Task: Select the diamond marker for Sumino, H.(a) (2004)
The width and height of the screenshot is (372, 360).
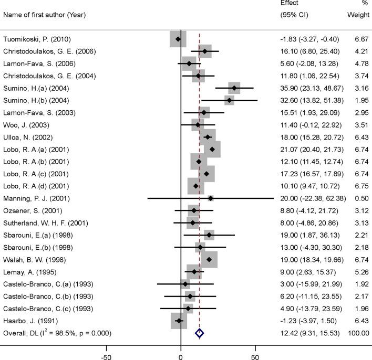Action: coord(234,88)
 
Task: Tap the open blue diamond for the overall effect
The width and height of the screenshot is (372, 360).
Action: coord(199,333)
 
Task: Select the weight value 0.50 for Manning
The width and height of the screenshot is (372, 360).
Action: coord(363,198)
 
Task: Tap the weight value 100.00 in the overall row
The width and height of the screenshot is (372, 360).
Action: coord(358,333)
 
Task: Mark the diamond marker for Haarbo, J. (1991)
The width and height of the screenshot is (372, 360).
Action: coord(179,321)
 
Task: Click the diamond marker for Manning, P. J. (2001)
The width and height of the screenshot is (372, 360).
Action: coord(211,198)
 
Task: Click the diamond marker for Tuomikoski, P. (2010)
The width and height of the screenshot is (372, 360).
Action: coord(178,39)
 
